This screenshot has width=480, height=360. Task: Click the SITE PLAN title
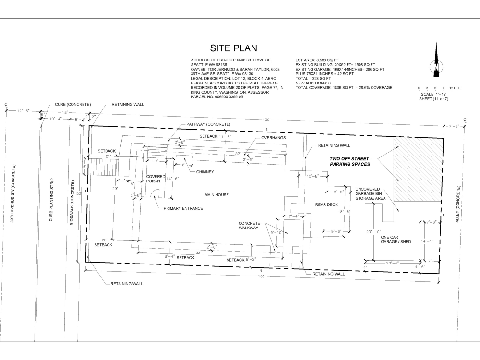[x=234, y=48]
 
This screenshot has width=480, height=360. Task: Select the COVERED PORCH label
[x=156, y=180]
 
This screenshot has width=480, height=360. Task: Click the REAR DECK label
[x=325, y=205]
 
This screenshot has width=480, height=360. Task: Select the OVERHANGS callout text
[x=274, y=138]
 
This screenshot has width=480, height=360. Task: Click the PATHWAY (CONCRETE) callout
[x=208, y=124]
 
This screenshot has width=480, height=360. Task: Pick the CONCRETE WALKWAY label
[x=250, y=226]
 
